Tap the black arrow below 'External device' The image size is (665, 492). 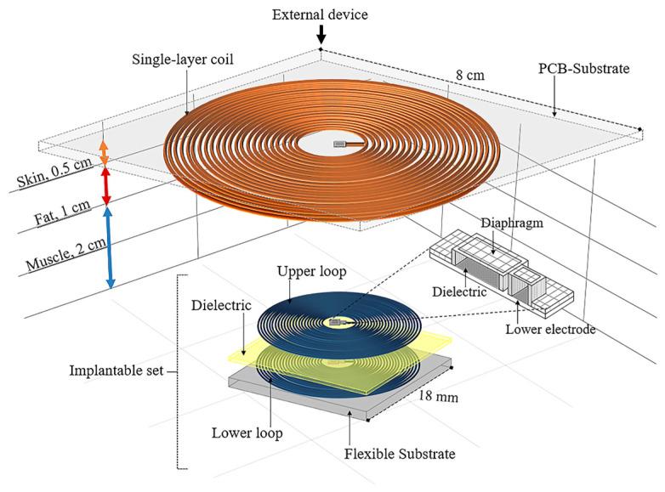tap(321, 34)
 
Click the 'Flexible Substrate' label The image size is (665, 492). tap(401, 454)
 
